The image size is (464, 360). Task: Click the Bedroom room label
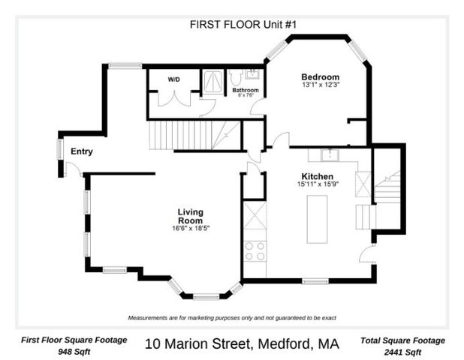320,76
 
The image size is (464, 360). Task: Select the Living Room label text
190,216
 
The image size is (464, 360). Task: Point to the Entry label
81,151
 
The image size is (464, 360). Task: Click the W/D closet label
173,79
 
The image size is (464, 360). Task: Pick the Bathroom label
245,90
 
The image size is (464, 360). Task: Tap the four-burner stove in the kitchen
255,250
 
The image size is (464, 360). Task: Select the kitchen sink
329,155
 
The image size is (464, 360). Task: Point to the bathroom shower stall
212,81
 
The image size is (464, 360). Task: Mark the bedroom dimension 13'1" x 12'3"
321,85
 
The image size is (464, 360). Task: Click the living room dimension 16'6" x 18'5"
190,228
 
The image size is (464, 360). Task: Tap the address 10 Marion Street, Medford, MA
241,344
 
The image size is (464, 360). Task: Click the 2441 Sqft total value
402,352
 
